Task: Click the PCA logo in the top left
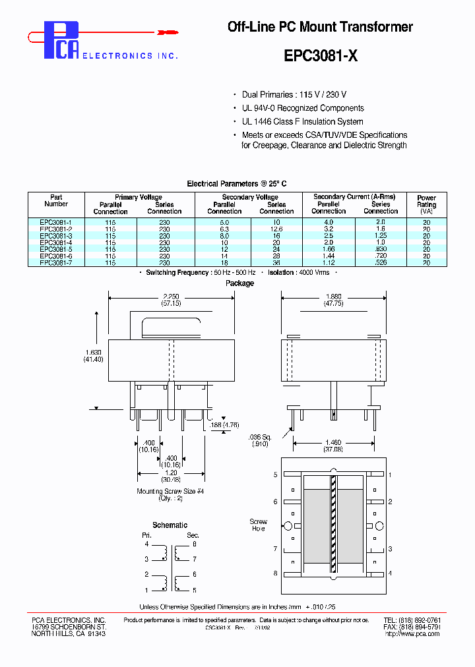61,41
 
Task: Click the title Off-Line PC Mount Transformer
320,27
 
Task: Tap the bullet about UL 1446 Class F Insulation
302,121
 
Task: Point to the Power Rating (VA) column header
426,204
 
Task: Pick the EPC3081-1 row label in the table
55,223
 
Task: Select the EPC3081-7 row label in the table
55,262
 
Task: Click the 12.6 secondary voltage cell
276,229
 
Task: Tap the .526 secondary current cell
381,262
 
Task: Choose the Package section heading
239,283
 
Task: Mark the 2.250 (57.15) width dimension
171,299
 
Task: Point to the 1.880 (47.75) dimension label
332,299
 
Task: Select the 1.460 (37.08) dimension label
332,446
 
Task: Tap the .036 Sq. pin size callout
261,440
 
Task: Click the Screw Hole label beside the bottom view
258,525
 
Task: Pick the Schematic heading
170,525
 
